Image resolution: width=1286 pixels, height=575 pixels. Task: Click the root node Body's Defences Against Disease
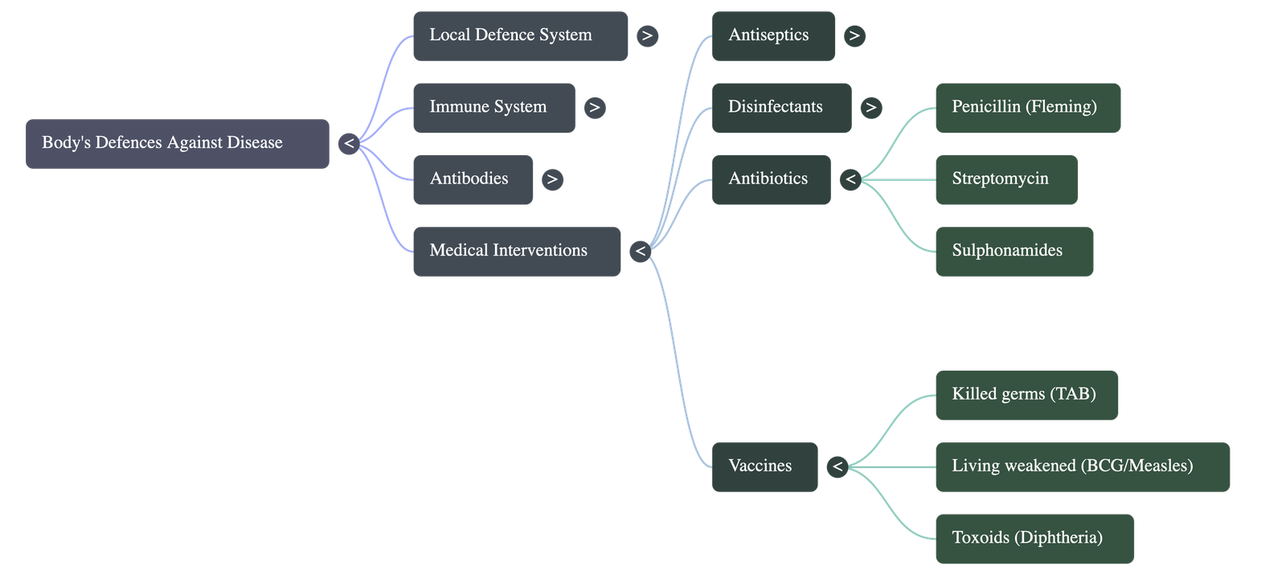click(178, 144)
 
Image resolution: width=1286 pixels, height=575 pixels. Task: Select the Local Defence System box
click(520, 35)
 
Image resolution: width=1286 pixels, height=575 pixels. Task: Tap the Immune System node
click(494, 108)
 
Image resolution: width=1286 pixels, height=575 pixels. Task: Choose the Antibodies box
click(473, 179)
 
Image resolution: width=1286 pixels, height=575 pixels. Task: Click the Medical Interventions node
click(516, 251)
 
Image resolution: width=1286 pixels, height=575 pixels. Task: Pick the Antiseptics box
click(772, 35)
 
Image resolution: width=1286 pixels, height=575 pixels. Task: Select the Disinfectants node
click(780, 108)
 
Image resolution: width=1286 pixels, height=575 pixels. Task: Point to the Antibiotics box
click(771, 179)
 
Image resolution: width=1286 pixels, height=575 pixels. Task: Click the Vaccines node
click(764, 466)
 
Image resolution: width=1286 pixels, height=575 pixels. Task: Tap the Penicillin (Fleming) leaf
click(1027, 108)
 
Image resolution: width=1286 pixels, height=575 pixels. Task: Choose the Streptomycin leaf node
click(1005, 179)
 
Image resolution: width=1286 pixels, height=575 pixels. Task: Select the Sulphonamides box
click(1014, 251)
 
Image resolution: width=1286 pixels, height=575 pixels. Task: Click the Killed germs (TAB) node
click(1026, 395)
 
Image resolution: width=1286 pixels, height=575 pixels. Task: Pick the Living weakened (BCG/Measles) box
click(1082, 466)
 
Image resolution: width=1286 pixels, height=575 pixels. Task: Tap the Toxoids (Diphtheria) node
click(1034, 538)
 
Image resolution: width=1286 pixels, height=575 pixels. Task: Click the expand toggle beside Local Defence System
click(647, 35)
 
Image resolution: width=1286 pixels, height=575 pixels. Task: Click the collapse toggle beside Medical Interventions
click(641, 252)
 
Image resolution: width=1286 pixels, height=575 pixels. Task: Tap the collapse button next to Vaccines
click(838, 466)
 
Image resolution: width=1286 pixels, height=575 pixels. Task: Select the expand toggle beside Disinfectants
click(870, 108)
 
